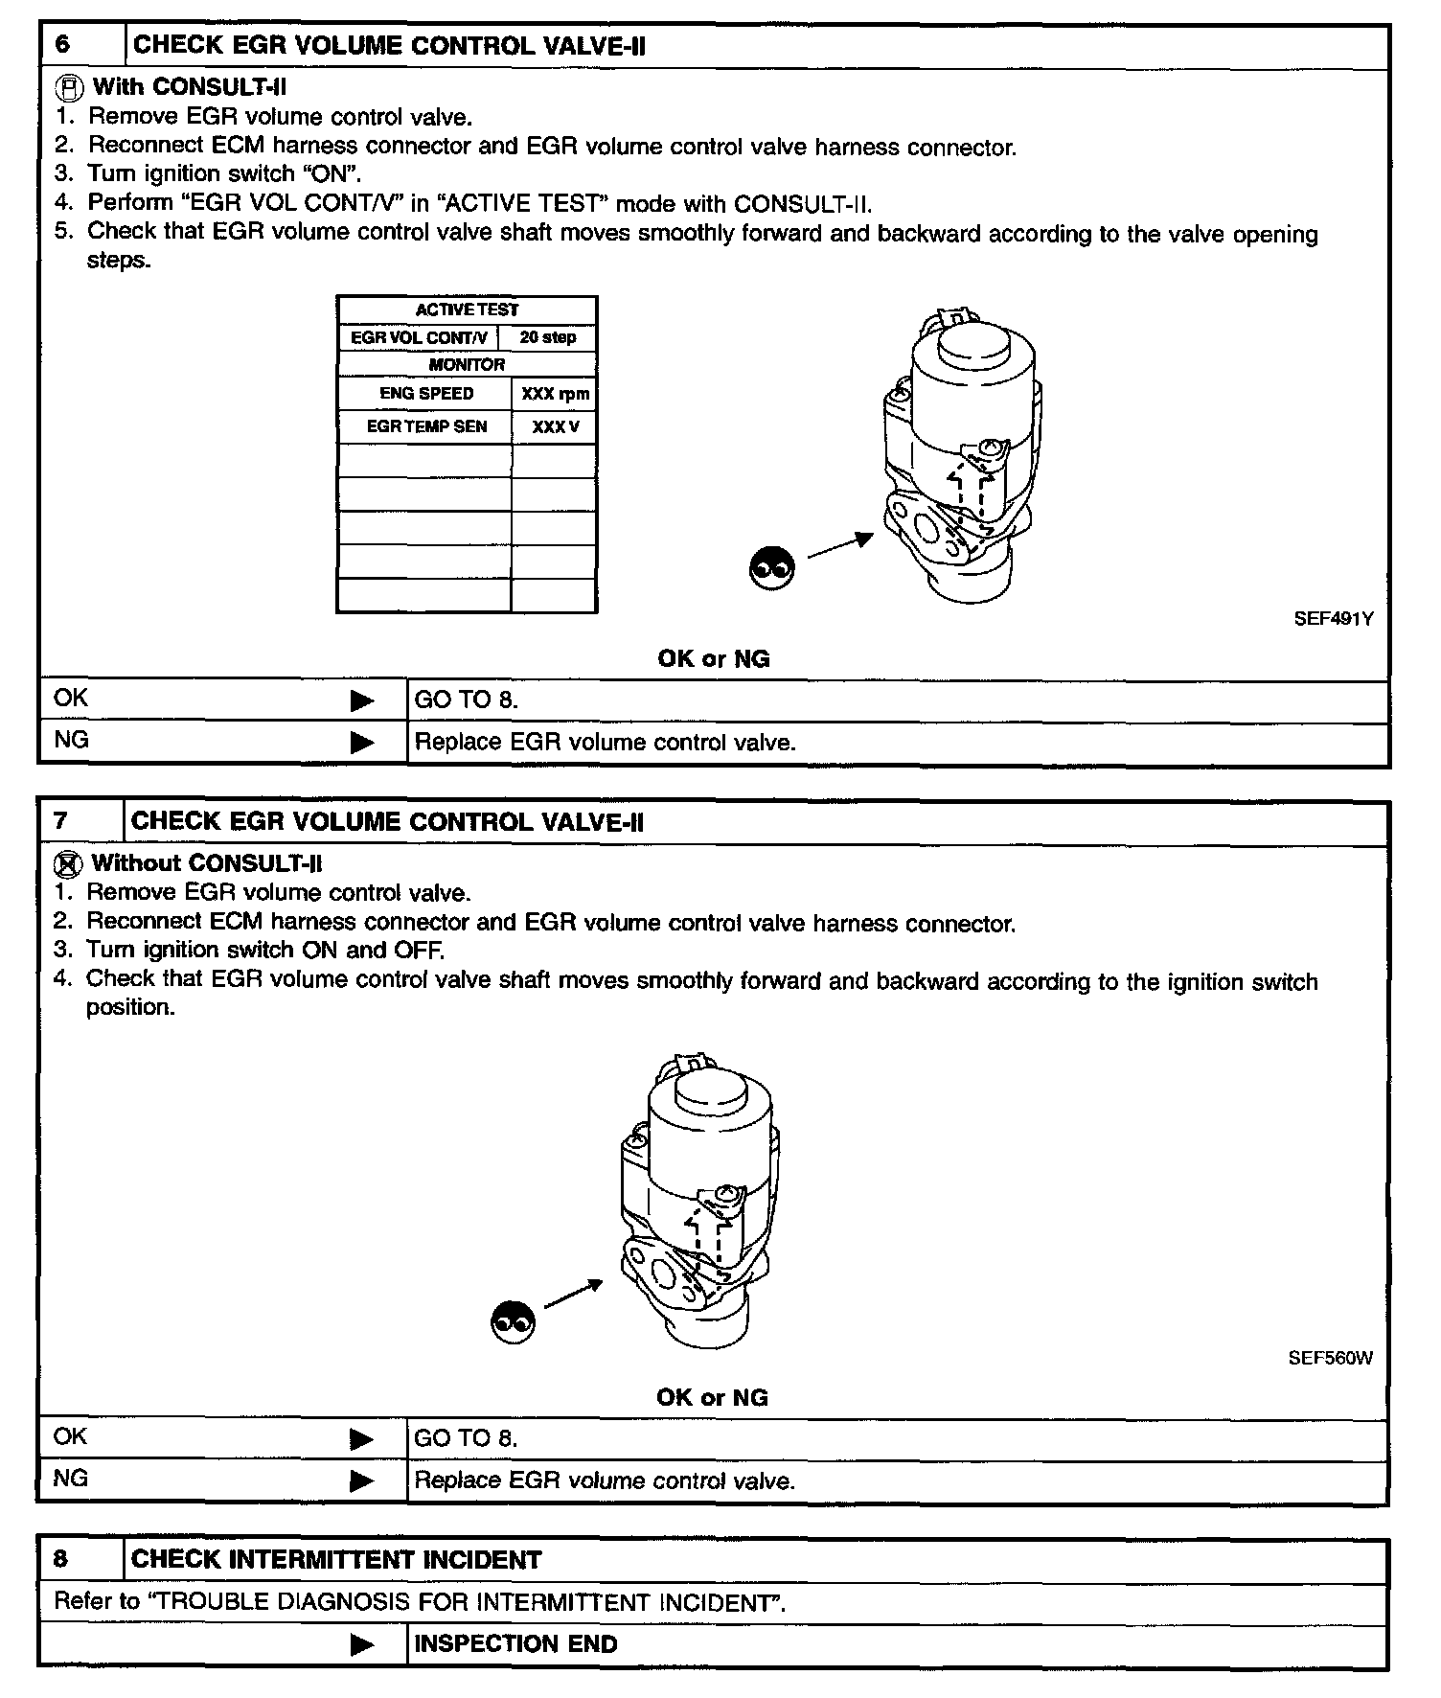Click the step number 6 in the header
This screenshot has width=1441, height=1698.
(62, 45)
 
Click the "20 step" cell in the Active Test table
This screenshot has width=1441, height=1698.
(548, 337)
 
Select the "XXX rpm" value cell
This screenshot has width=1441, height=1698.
(555, 394)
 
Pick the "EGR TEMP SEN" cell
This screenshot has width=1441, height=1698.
(426, 426)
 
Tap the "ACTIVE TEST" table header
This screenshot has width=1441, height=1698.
(467, 310)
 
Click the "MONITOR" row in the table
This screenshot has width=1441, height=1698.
(467, 364)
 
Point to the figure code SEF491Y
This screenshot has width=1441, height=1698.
(1334, 619)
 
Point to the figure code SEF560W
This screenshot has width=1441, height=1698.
(1330, 1358)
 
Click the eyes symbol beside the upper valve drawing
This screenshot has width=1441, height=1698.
(771, 568)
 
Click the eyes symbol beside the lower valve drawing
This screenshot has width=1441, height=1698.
(513, 1322)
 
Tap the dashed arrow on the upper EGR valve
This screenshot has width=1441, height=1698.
(968, 493)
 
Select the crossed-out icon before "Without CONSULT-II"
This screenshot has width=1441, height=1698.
(67, 864)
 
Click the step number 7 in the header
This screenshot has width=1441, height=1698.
(60, 821)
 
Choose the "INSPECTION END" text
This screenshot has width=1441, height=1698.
(515, 1643)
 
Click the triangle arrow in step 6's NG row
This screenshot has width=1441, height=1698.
(362, 743)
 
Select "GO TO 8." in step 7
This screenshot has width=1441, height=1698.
(466, 1438)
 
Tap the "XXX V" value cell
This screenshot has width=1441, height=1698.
(555, 427)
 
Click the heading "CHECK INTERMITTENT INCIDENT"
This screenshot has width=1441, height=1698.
(336, 1559)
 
